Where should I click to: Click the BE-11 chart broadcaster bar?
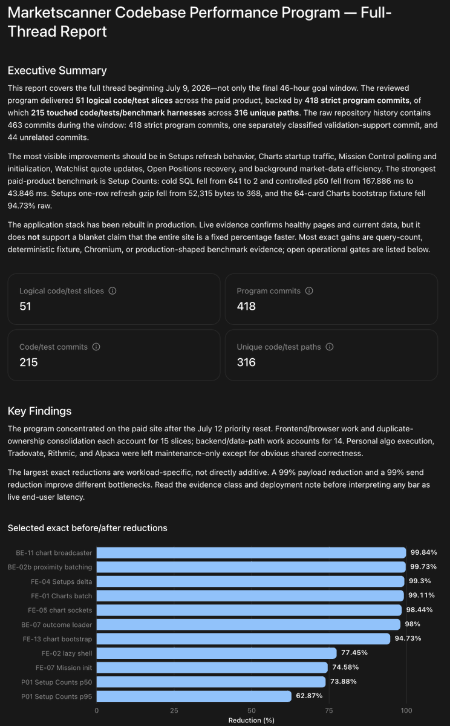251,552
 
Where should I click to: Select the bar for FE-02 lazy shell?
217,653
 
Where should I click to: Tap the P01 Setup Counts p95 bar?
194,696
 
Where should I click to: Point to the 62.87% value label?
309,696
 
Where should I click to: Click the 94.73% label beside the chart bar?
408,638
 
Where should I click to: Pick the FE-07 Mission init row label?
64,668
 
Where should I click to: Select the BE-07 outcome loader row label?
57,624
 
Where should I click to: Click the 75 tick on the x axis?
329,711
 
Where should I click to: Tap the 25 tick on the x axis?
174,711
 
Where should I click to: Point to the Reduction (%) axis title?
252,720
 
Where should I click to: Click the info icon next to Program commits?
309,291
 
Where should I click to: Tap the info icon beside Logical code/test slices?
112,291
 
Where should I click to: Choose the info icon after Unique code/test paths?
330,347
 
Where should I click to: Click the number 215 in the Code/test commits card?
28,362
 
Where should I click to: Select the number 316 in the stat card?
246,362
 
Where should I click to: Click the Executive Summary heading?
57,70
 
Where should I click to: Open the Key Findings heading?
39,411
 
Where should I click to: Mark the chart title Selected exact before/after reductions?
88,528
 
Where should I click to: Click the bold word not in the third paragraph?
33,237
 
